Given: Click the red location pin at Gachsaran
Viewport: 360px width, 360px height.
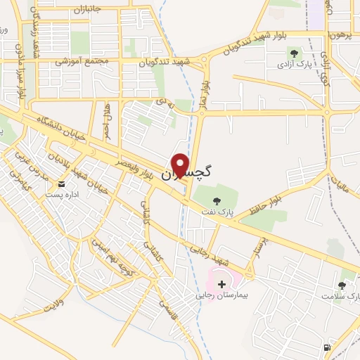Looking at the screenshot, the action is coord(181,165).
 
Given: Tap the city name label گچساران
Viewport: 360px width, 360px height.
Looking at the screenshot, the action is coord(188,172).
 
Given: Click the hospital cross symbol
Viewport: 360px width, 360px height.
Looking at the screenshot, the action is coord(222,284).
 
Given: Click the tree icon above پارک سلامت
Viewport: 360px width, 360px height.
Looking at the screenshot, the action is coord(342,285).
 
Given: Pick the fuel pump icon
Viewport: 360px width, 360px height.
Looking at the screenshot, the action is coord(326,347).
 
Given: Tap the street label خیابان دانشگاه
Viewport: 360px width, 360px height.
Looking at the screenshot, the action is coord(63,127).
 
